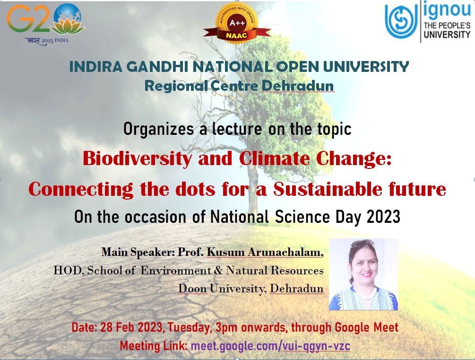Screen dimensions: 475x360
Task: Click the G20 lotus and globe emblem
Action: tap(68, 19)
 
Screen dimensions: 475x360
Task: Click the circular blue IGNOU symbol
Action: tap(400, 21)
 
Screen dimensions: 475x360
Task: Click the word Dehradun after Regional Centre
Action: tap(297, 86)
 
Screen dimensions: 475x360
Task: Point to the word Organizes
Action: tap(158, 129)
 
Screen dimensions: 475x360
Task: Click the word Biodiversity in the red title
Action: tap(137, 158)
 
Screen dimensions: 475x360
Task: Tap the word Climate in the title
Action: tap(275, 158)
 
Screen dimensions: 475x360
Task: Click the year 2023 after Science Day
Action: tap(383, 217)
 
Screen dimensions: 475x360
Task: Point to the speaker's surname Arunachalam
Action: tap(285, 252)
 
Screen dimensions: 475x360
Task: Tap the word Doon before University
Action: tap(192, 289)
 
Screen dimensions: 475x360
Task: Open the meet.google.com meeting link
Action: tap(270, 346)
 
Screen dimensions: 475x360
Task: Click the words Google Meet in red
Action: tap(366, 327)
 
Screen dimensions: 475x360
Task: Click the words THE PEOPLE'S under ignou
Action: tap(447, 26)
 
